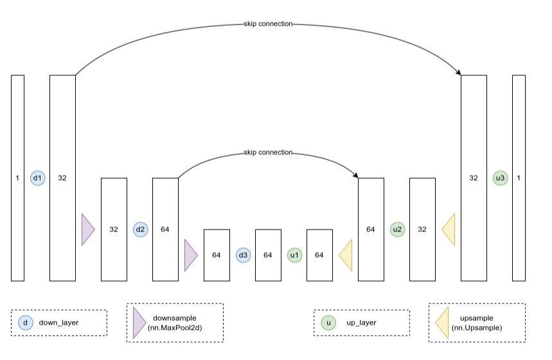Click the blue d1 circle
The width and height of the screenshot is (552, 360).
pos(37,178)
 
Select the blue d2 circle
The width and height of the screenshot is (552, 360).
pos(140,230)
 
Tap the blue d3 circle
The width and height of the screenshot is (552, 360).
pos(243,255)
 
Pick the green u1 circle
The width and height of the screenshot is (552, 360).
pos(294,255)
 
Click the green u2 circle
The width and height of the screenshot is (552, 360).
pos(397,230)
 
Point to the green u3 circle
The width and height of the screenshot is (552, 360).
pos(500,178)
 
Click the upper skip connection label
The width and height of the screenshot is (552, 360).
pos(268,24)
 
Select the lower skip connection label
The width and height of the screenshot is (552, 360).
pos(268,152)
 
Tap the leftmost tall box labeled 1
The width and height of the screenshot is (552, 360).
pos(17,178)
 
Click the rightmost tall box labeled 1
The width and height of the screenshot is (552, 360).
pos(519,178)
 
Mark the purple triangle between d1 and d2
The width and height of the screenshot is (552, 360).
pos(87,230)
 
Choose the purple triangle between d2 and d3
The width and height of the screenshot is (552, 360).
pos(190,255)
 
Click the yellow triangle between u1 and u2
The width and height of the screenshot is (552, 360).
pos(346,255)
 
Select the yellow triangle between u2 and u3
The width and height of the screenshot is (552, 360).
pos(449,230)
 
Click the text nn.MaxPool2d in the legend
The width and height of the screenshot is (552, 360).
pos(175,328)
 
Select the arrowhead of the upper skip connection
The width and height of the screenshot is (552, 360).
pos(459,73)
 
